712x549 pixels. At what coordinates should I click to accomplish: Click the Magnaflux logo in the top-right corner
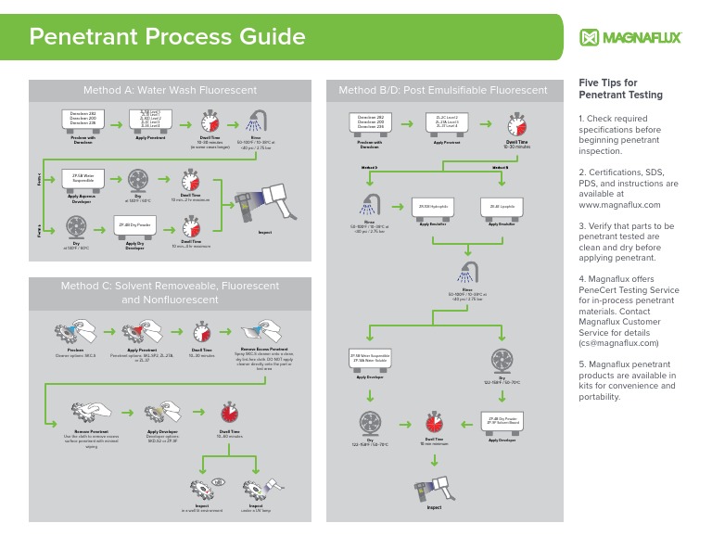[629, 37]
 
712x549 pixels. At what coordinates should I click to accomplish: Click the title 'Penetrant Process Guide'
[167, 37]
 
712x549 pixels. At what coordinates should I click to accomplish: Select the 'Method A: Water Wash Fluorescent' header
[170, 90]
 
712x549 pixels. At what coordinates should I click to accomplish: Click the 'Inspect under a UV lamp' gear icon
[257, 488]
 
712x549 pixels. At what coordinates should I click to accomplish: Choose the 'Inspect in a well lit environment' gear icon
[205, 488]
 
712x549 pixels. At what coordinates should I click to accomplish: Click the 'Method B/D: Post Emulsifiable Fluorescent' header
[443, 90]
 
